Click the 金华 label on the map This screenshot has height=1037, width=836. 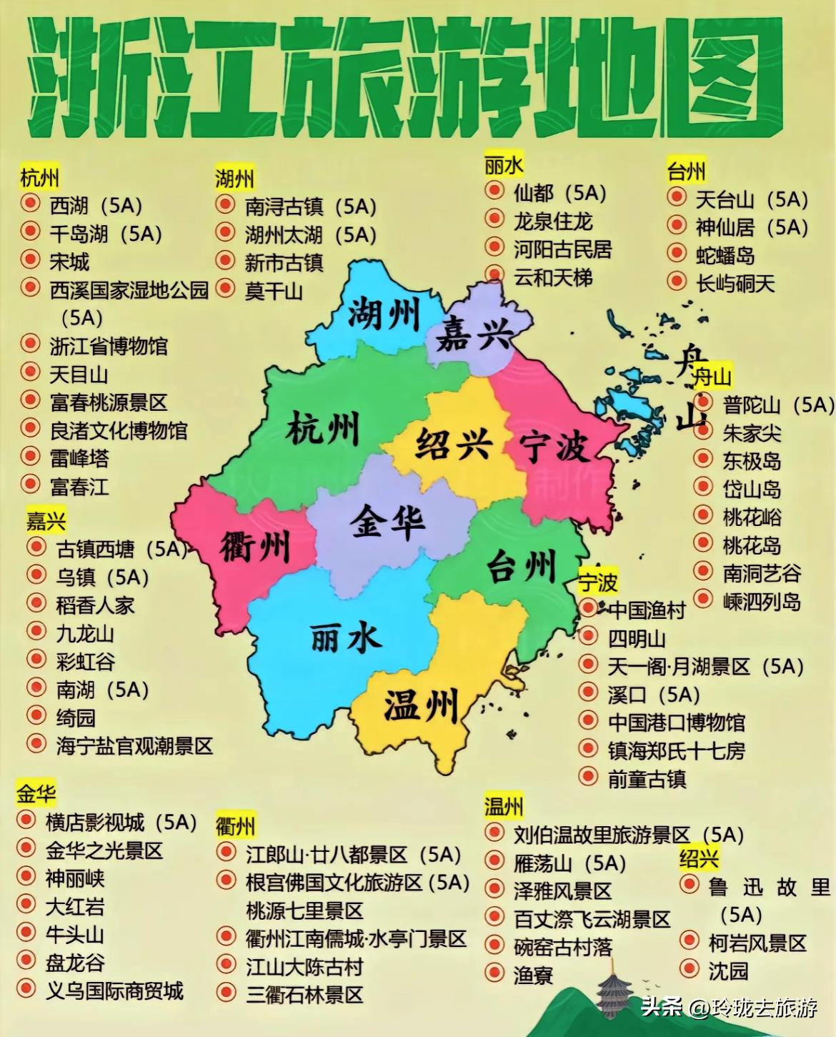(x=387, y=522)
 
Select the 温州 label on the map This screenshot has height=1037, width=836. (x=420, y=706)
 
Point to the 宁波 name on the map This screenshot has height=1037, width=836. (x=554, y=446)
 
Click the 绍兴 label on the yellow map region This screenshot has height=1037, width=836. (x=454, y=443)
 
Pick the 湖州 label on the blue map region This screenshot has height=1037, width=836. (x=384, y=313)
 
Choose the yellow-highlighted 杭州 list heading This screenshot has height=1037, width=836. (x=40, y=177)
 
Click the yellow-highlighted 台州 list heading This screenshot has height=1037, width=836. (x=686, y=172)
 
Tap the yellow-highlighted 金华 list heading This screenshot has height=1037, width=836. (x=36, y=793)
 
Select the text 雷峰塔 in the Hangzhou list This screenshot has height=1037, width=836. (x=79, y=458)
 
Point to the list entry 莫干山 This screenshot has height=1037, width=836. (x=274, y=291)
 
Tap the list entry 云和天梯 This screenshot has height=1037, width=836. (x=552, y=277)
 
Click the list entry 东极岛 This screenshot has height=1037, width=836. (x=752, y=461)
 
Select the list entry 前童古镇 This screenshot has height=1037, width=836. (x=647, y=778)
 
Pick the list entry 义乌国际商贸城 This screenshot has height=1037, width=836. (x=114, y=991)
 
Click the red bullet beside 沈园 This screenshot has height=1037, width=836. (x=690, y=969)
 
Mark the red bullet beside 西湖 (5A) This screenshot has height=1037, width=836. (x=30, y=204)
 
